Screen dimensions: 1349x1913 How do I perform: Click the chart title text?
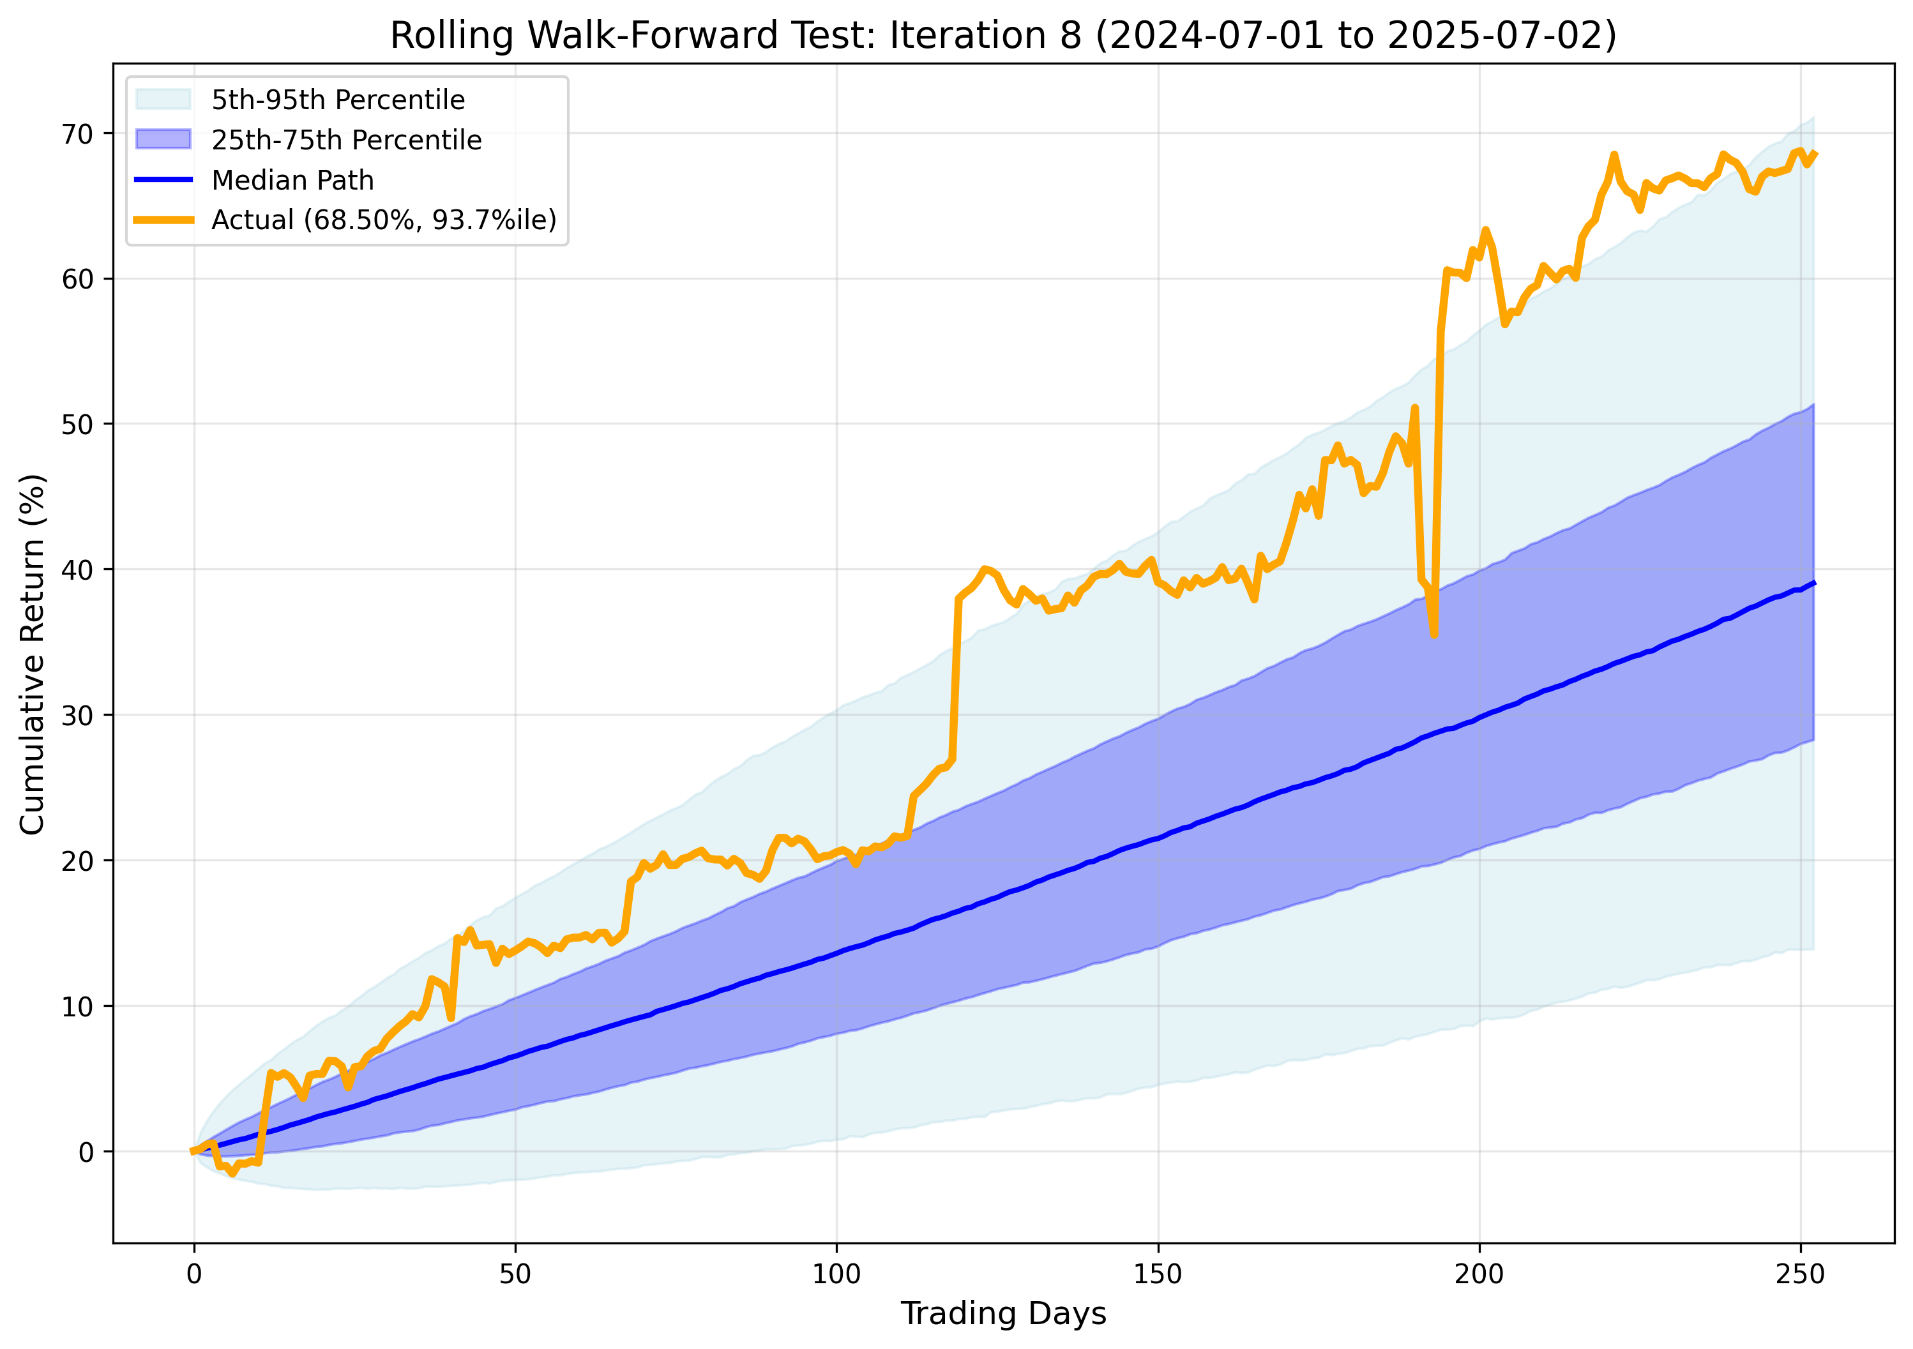click(1003, 35)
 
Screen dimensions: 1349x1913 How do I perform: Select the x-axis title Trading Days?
click(1003, 1313)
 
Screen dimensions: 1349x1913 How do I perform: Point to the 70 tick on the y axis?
click(77, 133)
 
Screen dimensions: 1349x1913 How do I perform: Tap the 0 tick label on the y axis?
click(86, 1152)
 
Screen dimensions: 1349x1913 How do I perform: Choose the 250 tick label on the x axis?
click(1801, 1275)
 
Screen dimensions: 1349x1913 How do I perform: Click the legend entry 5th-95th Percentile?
click(337, 100)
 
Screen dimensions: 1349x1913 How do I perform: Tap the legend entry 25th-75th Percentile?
click(346, 140)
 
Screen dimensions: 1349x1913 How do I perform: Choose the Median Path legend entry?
click(292, 180)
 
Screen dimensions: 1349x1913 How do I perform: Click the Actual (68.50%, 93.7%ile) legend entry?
click(383, 220)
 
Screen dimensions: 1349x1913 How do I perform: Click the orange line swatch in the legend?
click(163, 220)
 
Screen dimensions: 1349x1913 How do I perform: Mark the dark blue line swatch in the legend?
click(163, 180)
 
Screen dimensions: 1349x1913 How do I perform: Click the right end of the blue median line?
click(1814, 584)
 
